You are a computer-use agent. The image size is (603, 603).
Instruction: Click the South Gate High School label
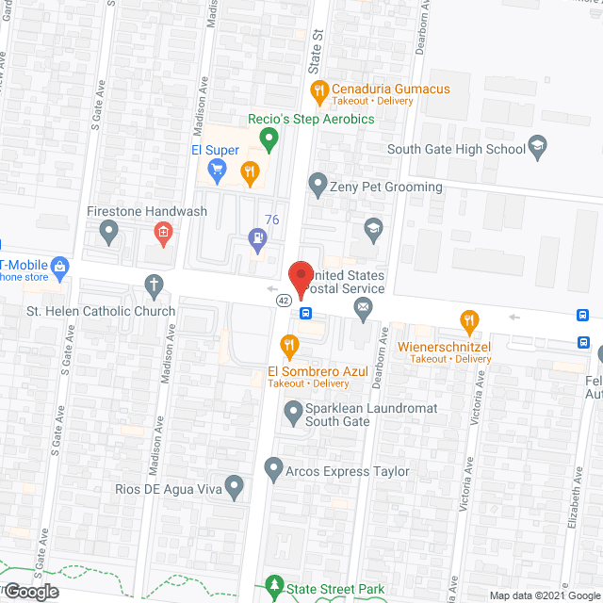(456, 149)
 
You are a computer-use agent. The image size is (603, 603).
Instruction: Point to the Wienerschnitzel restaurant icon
(466, 321)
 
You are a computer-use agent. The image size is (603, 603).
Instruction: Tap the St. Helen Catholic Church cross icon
(154, 285)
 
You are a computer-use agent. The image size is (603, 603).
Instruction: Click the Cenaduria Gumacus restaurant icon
(318, 90)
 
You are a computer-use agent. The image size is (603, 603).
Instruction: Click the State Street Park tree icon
(274, 587)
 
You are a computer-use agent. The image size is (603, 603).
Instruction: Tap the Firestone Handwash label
(146, 211)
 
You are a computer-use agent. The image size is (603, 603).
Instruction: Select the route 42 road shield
(283, 300)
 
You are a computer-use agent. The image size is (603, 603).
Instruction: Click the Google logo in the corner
(30, 591)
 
